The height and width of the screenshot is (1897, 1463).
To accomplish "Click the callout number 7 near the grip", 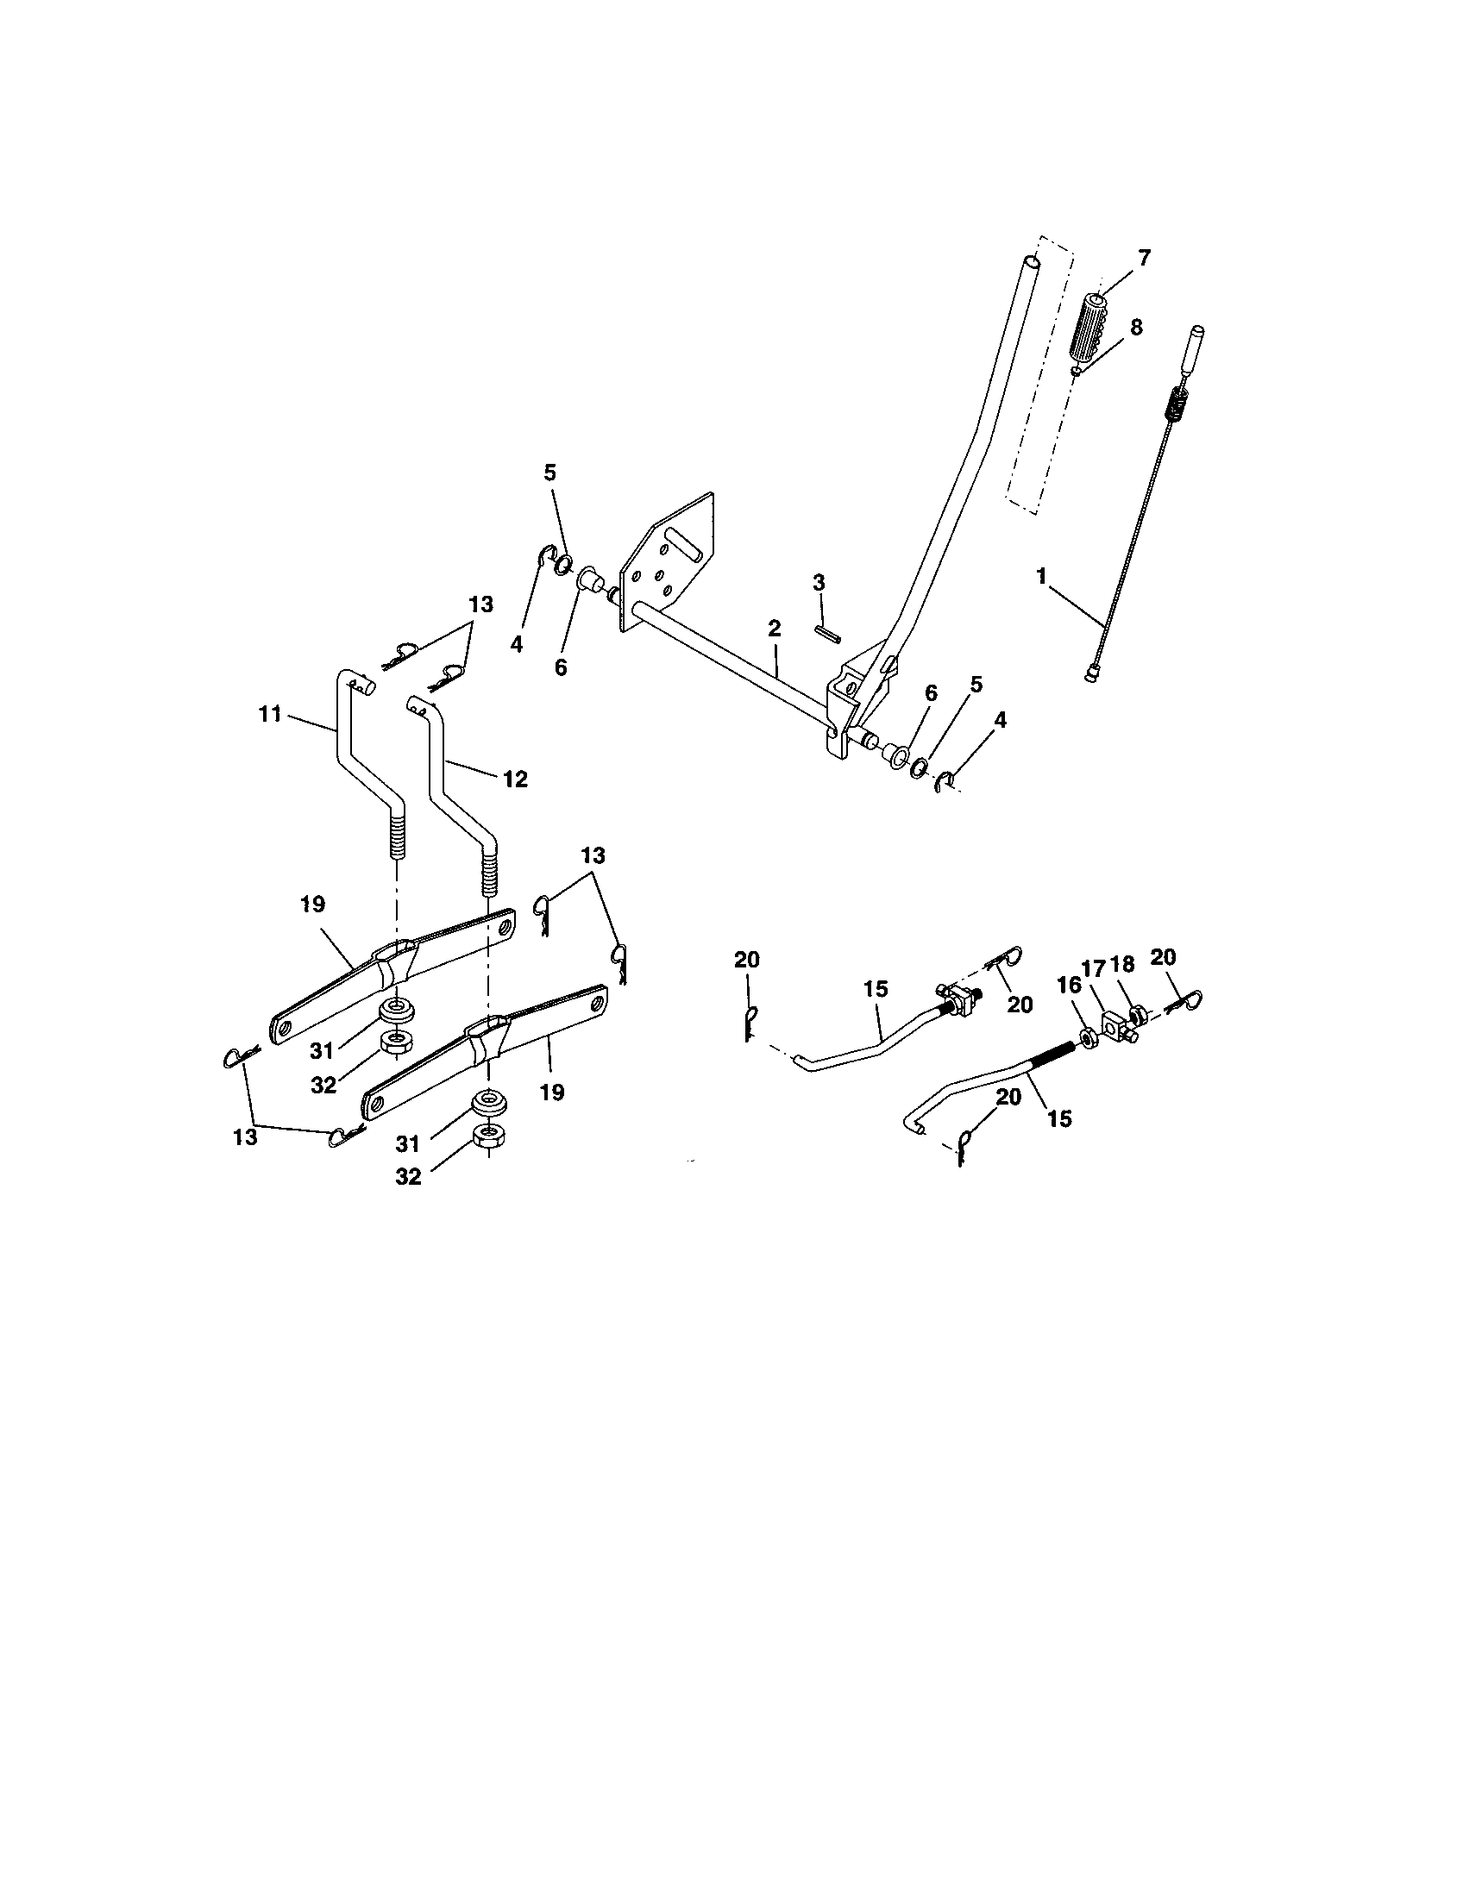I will tap(1143, 257).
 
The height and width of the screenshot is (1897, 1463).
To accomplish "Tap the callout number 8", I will tap(1134, 327).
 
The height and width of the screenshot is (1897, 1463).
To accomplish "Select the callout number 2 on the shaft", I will tap(774, 627).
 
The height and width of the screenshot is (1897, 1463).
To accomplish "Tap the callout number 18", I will tap(1121, 965).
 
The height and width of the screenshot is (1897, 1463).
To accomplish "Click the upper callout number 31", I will tap(322, 1050).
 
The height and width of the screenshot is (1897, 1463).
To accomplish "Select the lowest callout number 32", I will tap(407, 1176).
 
